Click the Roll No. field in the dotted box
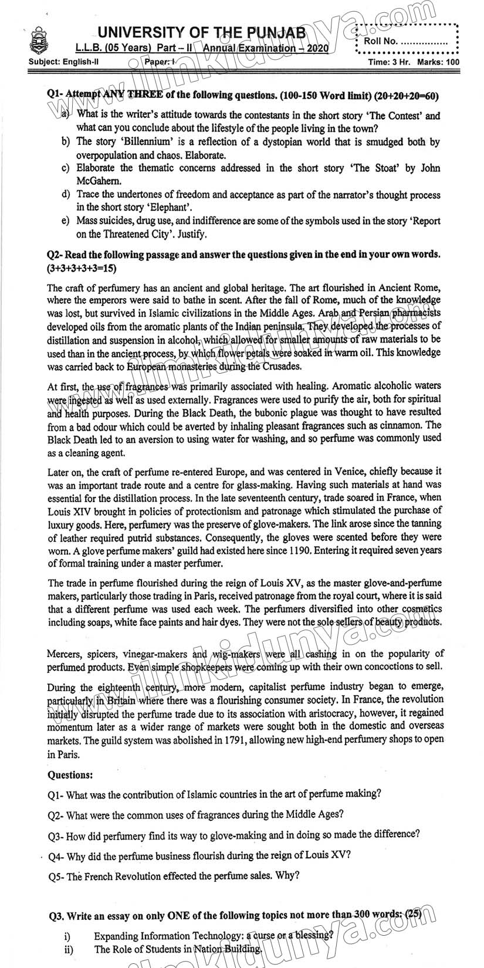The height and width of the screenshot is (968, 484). click(x=405, y=42)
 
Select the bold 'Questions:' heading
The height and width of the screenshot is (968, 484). click(x=70, y=775)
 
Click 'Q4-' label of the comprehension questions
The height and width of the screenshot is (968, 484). click(x=56, y=856)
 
